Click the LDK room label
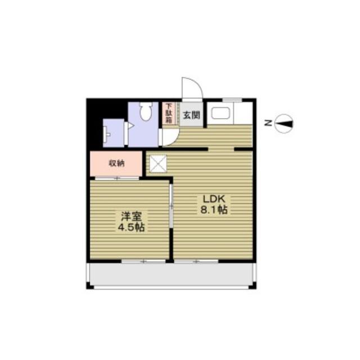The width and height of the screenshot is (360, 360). (x=214, y=199)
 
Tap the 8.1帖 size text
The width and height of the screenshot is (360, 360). (x=214, y=210)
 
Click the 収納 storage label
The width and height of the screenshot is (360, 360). (x=116, y=164)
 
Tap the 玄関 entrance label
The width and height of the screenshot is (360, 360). (x=191, y=115)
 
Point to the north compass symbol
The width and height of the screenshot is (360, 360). (x=285, y=123)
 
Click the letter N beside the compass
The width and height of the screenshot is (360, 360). (x=269, y=123)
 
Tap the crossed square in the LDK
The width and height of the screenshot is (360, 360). (x=157, y=164)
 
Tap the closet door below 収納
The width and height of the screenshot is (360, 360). (x=117, y=178)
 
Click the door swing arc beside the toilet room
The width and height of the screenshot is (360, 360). (x=169, y=137)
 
